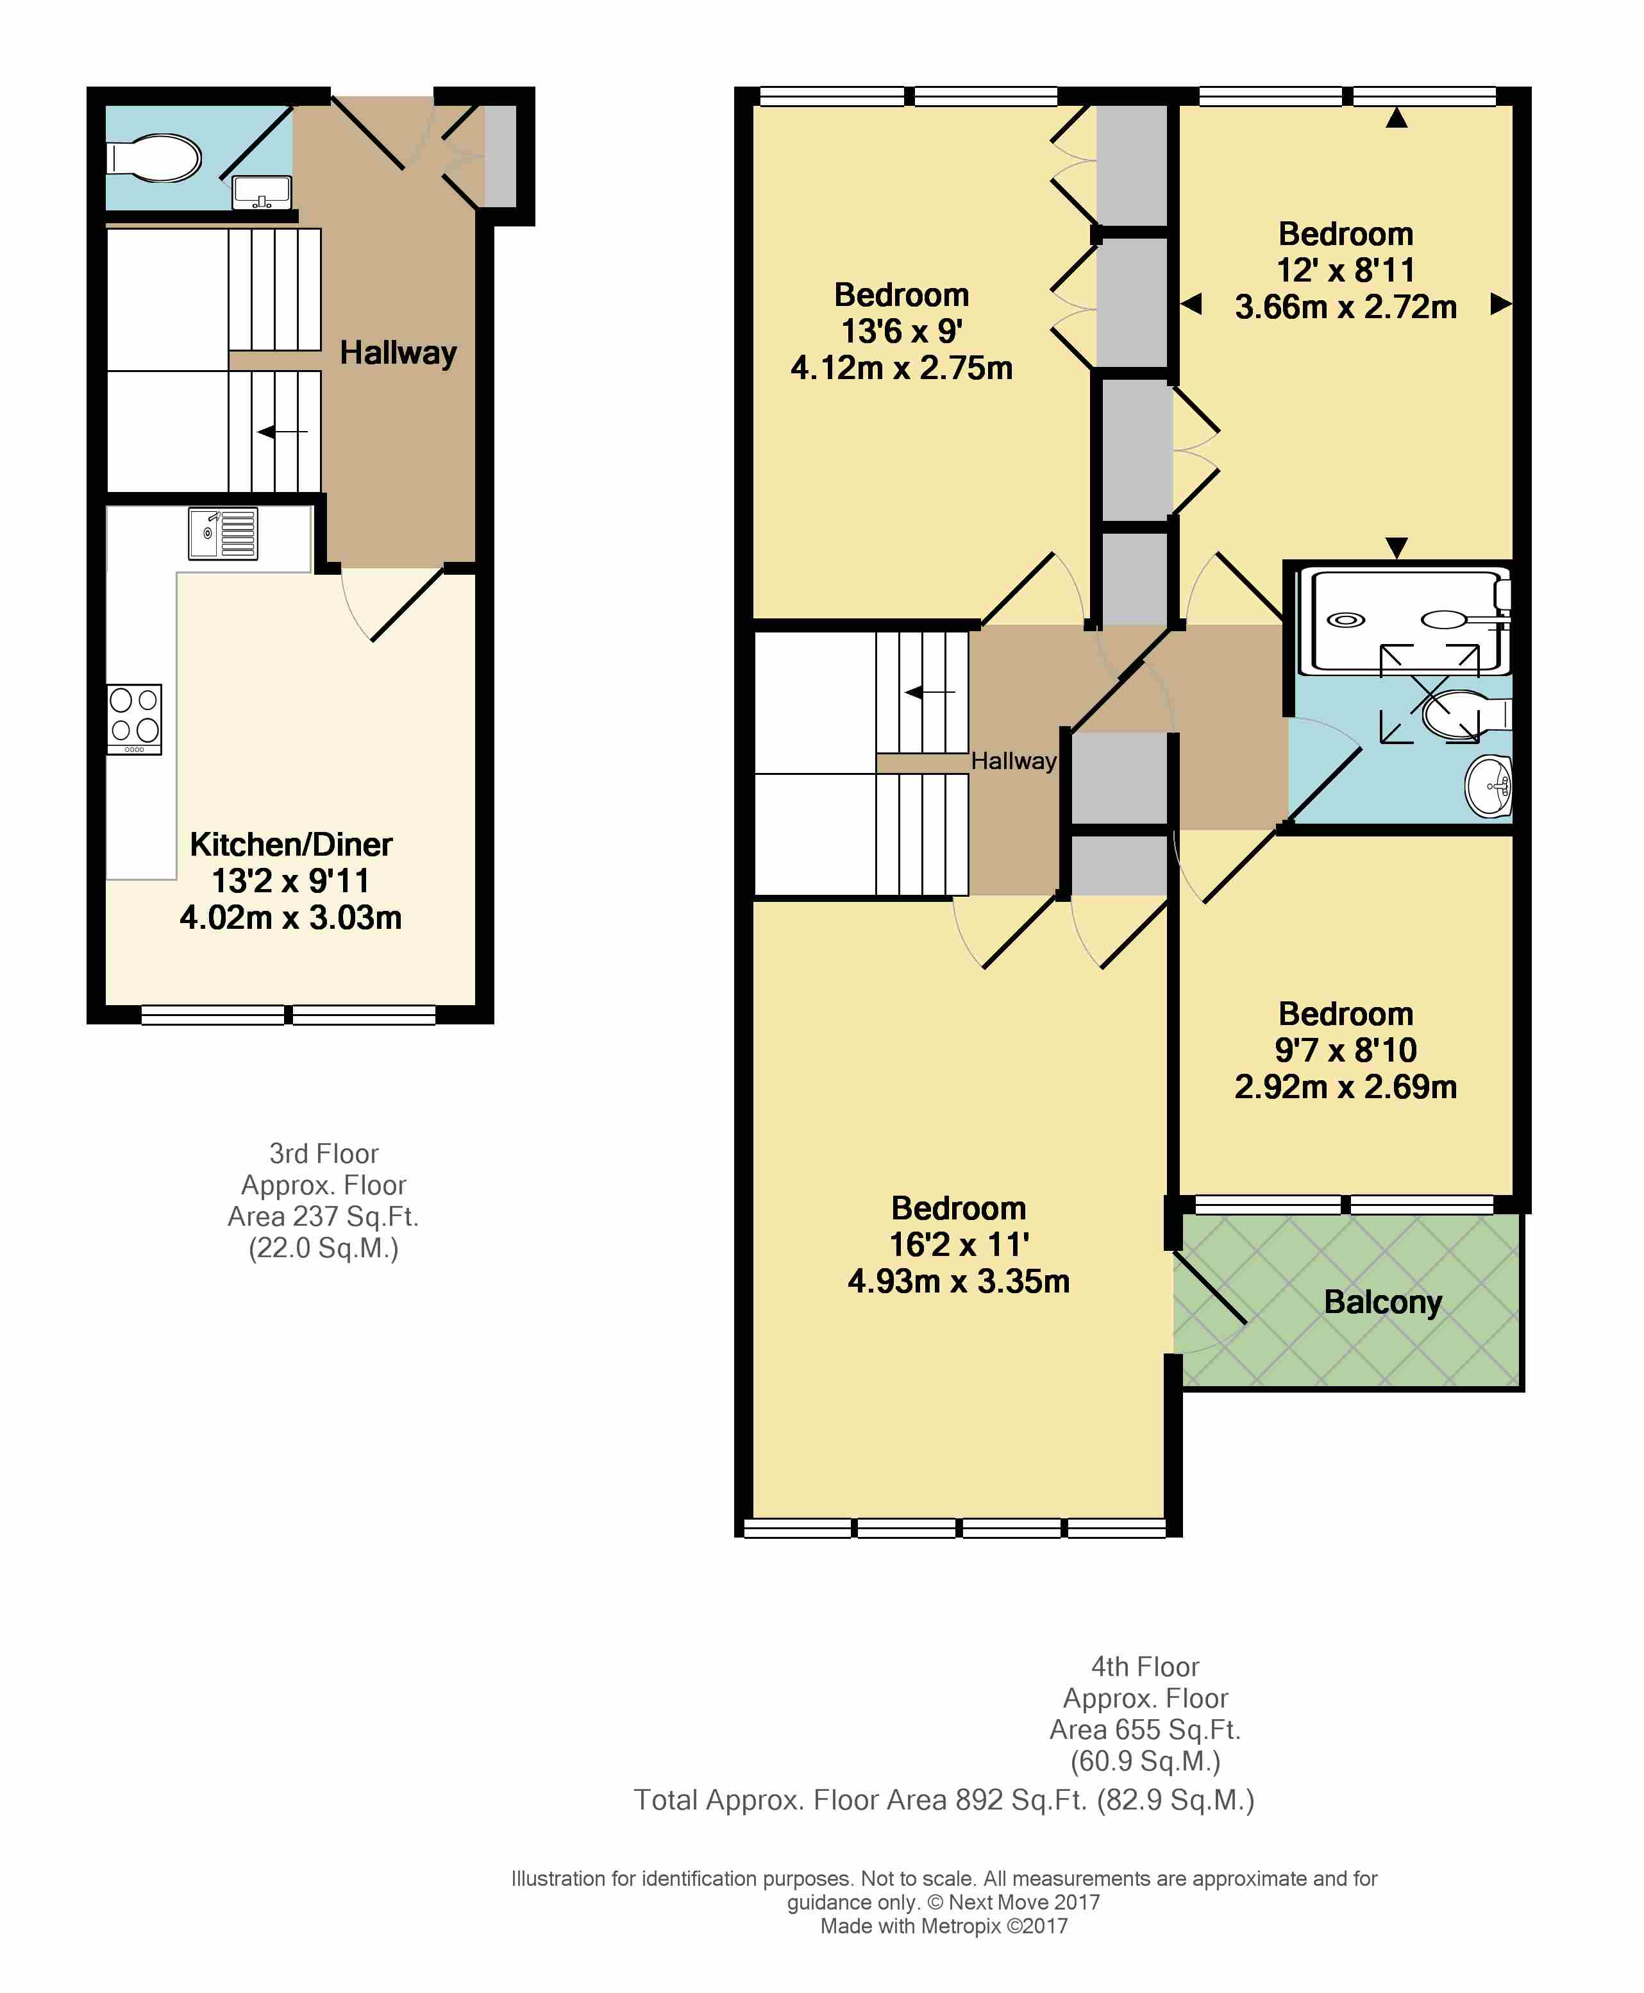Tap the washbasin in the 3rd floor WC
point(262,193)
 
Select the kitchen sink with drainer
point(222,534)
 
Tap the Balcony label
point(1382,1302)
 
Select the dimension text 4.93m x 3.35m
point(959,1281)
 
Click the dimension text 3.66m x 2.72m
point(1346,307)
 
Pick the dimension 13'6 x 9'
point(902,330)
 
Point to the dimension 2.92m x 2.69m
point(1346,1087)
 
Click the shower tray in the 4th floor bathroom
point(1404,620)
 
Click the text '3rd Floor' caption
point(324,1154)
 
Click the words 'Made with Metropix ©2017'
point(944,1926)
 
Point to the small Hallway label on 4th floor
point(1013,761)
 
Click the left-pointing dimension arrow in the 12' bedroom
point(1191,304)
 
